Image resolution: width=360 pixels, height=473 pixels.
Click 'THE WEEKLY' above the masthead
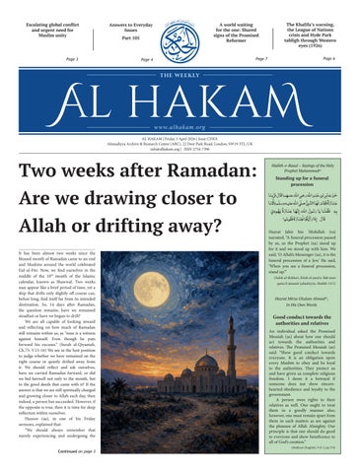[x=180, y=75]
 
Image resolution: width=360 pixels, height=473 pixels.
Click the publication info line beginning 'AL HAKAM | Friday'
[x=180, y=140]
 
